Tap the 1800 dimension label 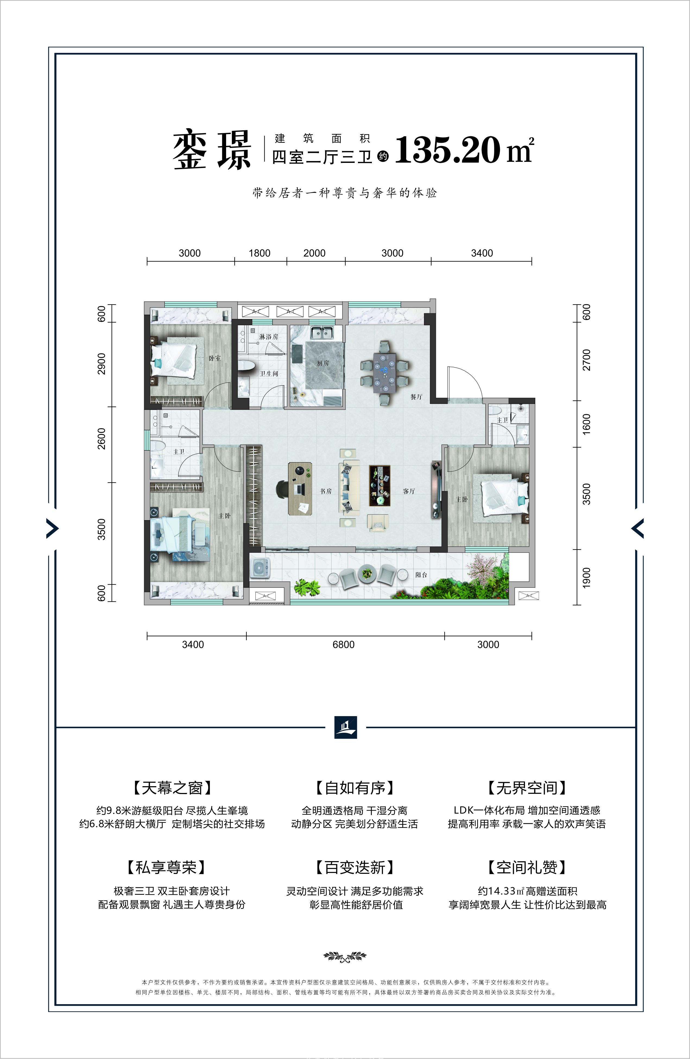point(259,253)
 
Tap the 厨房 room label point(323,363)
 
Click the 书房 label point(326,491)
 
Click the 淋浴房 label point(269,337)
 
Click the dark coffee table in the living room point(379,485)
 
